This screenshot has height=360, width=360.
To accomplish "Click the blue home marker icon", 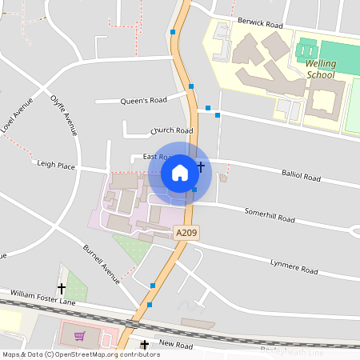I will tap(180, 172).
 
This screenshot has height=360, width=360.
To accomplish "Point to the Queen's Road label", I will tap(143, 100).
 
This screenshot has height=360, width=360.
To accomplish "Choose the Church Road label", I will tap(172, 130).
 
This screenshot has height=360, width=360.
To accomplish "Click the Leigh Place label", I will tap(56, 165).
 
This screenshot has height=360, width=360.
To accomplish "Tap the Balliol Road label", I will tap(301, 175).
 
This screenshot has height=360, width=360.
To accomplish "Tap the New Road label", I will tap(176, 344).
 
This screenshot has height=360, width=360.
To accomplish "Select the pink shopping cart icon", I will tap(79, 336).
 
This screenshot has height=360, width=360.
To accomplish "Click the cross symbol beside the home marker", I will tap(201, 166).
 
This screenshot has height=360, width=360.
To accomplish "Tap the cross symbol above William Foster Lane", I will tap(62, 288).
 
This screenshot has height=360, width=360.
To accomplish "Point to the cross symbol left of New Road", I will tap(145, 345).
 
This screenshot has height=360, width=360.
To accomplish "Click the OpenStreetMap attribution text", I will tap(81, 354).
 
